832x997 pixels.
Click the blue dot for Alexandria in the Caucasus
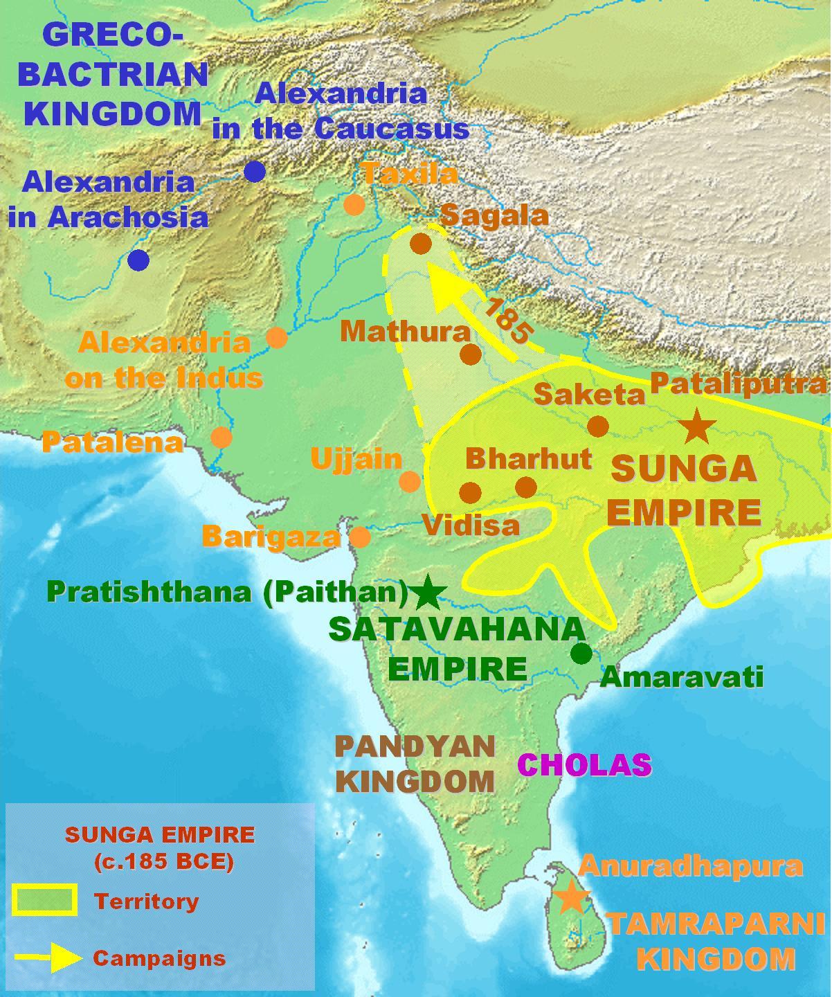[255, 172]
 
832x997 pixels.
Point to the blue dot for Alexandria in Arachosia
[138, 260]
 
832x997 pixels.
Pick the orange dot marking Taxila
[354, 205]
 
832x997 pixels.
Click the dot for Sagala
[420, 244]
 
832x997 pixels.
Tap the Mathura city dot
[470, 354]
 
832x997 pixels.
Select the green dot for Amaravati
[581, 653]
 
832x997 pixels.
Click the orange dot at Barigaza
[360, 537]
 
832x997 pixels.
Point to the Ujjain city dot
[410, 481]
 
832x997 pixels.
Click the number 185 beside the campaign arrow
[506, 321]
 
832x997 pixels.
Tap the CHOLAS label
[585, 764]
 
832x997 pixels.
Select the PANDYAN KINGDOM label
[415, 764]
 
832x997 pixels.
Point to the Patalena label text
[112, 442]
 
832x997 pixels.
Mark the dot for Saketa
[598, 426]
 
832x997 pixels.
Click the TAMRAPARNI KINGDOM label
[716, 941]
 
